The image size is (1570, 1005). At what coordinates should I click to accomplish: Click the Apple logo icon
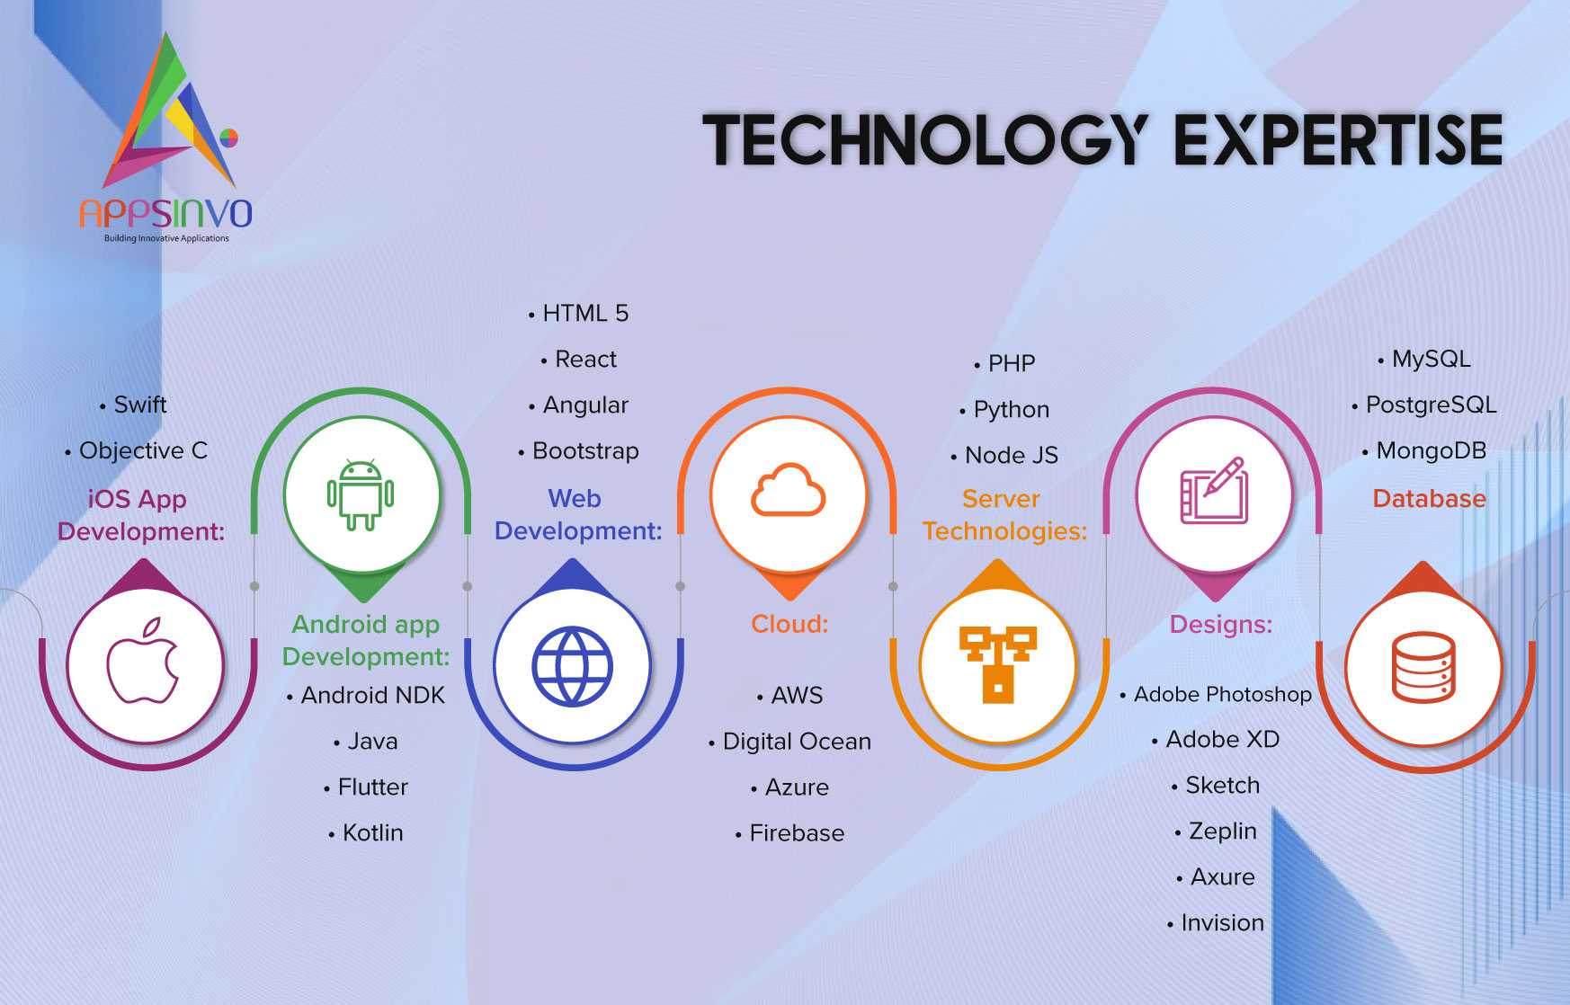[x=143, y=660]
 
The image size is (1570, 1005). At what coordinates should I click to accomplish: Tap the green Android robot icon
[x=361, y=494]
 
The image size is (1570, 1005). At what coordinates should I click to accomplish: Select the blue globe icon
[x=572, y=666]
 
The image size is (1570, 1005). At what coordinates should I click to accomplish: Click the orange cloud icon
[x=788, y=490]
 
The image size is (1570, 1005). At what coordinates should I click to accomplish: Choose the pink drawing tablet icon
[x=1214, y=490]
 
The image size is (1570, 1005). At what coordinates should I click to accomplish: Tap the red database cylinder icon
[x=1423, y=667]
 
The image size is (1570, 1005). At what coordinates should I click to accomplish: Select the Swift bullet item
[x=133, y=405]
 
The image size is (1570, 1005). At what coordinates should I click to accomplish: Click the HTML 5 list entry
[x=578, y=313]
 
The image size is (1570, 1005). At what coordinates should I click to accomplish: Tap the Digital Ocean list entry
[x=789, y=742]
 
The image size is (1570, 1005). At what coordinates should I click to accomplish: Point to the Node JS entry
[x=1004, y=455]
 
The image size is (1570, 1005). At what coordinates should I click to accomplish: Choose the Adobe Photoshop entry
[x=1216, y=695]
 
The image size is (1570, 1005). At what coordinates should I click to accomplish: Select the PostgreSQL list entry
[x=1424, y=405]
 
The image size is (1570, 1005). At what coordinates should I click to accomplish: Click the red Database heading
[x=1429, y=499]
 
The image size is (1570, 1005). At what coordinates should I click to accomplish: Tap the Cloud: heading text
[x=789, y=624]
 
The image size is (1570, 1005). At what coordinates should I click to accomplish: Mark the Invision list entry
[x=1216, y=923]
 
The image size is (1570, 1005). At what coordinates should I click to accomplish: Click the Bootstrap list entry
[x=578, y=450]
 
